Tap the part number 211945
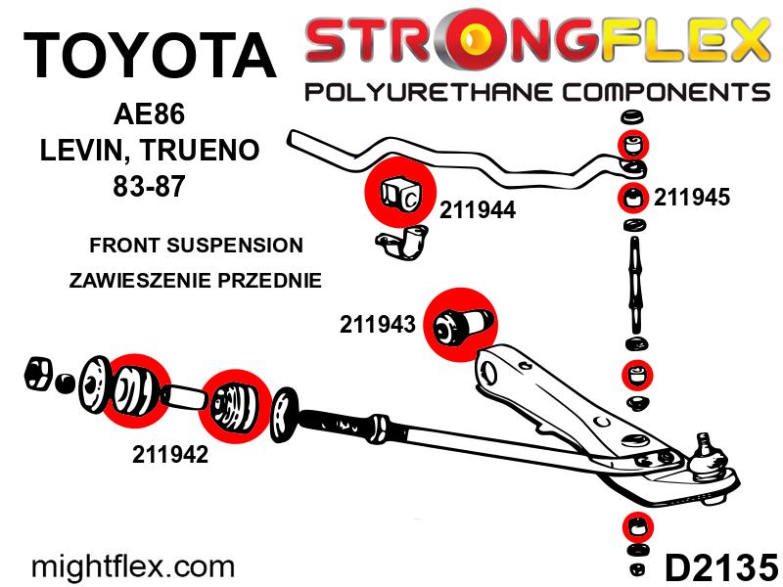pos(692,197)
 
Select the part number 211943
pos(379,323)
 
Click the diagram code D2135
pos(721,565)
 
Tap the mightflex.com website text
pos(134,565)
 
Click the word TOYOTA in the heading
pos(149,55)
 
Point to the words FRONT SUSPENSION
pos(196,245)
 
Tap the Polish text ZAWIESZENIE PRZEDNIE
pos(196,280)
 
